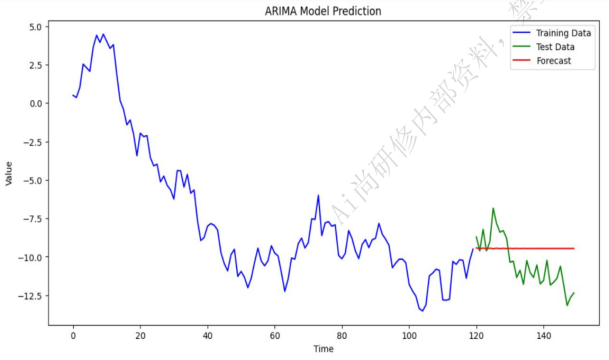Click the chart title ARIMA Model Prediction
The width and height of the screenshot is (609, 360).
pos(323,11)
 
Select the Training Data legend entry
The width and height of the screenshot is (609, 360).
pos(552,33)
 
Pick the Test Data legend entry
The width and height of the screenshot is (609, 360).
pos(543,47)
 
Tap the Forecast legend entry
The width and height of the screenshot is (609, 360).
pos(542,61)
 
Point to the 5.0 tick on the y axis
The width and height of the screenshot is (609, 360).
pos(35,27)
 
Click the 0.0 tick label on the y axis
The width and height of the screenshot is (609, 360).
pos(35,104)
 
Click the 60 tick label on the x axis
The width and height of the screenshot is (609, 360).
pos(275,336)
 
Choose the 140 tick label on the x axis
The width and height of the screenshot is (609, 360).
pos(543,336)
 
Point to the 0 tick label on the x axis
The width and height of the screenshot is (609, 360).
pos(73,336)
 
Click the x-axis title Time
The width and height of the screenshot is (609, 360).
pos(324,349)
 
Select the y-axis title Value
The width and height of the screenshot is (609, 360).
pos(9,174)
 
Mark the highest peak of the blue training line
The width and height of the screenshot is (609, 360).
pos(103,34)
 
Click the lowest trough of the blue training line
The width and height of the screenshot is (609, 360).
pos(423,311)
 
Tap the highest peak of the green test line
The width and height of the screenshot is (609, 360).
pos(493,209)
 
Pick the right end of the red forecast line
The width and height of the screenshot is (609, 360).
pos(574,248)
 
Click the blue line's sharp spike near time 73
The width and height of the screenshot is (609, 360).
pos(318,195)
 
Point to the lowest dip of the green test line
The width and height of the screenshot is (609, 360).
pos(567,305)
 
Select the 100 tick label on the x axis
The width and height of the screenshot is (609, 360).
pos(409,336)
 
